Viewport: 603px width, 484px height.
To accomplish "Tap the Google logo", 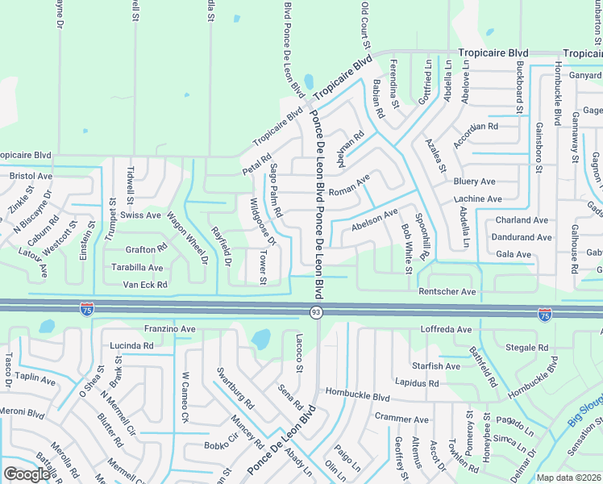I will [27, 474].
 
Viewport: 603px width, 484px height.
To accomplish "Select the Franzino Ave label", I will [169, 329].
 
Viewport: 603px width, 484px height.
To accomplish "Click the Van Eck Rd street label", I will [144, 285].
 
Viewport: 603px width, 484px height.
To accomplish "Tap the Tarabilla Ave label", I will [137, 268].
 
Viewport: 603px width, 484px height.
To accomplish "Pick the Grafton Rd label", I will [145, 250].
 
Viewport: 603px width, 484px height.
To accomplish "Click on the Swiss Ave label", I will [140, 215].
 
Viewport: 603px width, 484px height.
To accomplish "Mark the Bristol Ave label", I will [31, 175].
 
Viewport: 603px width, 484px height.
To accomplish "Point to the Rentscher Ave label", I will [447, 291].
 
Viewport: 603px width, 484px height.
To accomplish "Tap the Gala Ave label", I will [513, 255].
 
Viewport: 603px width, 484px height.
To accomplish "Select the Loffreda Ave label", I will [446, 330].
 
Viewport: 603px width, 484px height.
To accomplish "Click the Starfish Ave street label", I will [435, 365].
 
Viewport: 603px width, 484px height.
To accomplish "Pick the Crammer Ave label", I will [401, 419].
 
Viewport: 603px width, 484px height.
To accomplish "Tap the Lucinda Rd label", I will [131, 345].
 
